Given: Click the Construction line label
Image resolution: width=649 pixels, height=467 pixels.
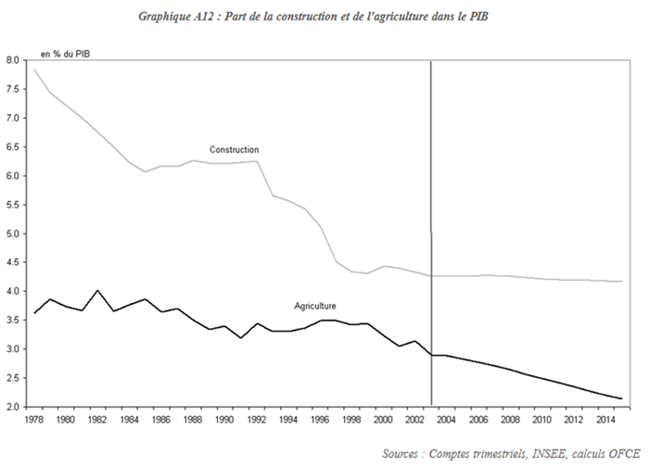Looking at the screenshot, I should coord(234,150).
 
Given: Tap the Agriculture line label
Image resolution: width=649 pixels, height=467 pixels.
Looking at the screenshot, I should coord(315,305).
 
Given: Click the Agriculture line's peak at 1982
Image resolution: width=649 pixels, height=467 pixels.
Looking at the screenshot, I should coord(97,291).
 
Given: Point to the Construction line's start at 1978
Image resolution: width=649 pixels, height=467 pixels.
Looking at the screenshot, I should coord(34,70).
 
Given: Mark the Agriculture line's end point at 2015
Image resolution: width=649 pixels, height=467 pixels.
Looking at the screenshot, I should coord(620,398).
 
